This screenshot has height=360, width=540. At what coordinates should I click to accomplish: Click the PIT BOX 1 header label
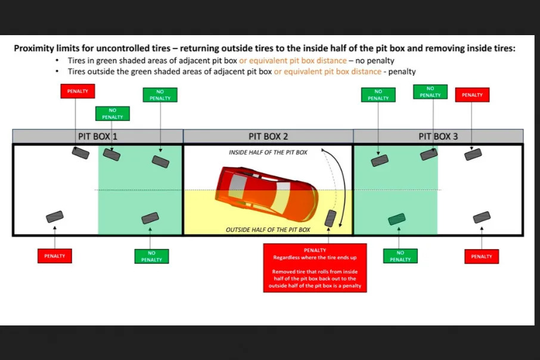coord(98,136)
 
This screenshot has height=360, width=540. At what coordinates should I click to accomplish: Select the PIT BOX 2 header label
coord(268,136)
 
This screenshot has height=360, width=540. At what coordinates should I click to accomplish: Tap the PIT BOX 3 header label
coord(438,136)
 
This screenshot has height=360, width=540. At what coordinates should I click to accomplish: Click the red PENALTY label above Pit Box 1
coord(77,92)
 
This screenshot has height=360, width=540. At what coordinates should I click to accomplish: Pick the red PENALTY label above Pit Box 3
coord(472,95)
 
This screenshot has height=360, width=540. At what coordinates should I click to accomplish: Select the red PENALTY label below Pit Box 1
coord(55,256)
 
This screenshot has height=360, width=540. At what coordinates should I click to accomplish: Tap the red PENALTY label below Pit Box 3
coord(481,256)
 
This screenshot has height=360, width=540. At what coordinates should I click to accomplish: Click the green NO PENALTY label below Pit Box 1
coord(151,256)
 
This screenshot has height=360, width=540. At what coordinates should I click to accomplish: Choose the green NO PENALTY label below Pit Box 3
coord(400,256)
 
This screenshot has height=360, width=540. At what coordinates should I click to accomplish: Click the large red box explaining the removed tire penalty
coord(315,268)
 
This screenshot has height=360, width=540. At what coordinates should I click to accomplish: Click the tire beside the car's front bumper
coord(331,218)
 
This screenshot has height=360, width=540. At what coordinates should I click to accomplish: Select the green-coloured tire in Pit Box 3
coord(396,219)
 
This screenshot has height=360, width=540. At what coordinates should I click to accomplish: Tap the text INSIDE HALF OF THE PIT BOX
coord(268,153)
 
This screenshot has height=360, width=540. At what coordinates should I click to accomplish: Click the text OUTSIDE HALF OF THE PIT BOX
coord(268,229)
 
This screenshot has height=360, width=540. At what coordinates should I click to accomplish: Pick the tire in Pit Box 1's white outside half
coord(55,217)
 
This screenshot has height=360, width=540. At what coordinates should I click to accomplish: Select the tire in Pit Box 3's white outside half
coord(482,217)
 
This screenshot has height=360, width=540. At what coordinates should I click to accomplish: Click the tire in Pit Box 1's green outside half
coord(150,218)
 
